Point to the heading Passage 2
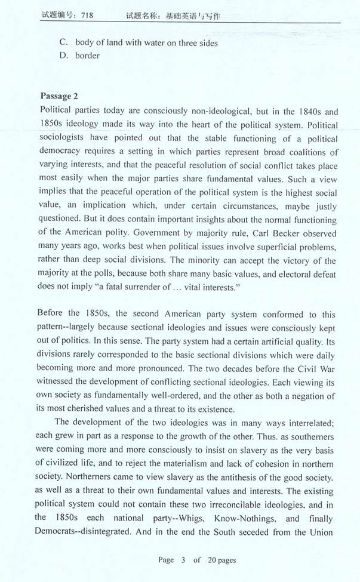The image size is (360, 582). pyautogui.click(x=60, y=97)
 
